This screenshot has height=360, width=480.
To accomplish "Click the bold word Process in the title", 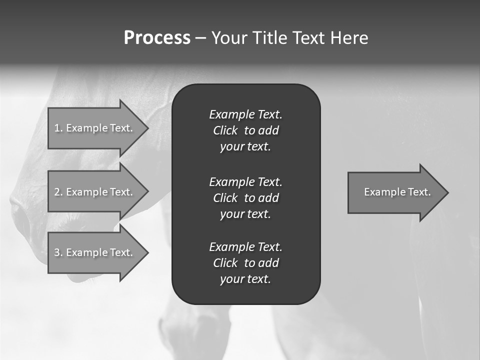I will point(157,38).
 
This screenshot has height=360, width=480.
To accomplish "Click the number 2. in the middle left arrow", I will point(58,192).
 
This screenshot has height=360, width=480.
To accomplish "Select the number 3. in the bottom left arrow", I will point(58,252).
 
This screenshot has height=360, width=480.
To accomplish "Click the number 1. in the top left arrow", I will point(58,128).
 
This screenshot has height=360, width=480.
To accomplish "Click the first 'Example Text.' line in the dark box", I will point(245,114).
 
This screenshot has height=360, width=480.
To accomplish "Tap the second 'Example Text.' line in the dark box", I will point(245,181).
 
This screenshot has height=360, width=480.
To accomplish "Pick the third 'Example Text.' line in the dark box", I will point(245,247).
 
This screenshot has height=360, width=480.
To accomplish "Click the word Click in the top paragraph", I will point(225,130).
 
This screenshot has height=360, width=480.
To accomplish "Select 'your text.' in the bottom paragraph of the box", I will point(245,279).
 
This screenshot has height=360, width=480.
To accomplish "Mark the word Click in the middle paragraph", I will point(225,198).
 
